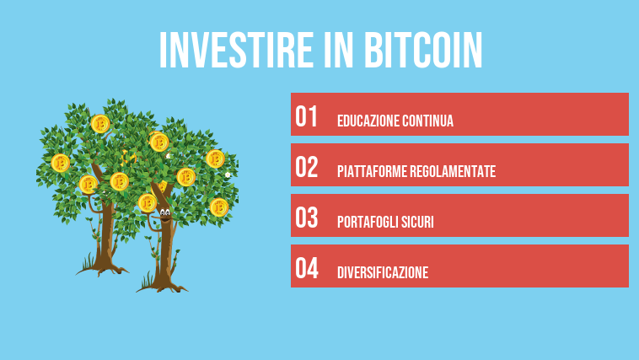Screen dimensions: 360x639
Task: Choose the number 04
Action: tap(307, 269)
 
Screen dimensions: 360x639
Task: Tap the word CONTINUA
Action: tap(428, 121)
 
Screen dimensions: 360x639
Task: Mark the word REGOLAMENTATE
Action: tap(454, 172)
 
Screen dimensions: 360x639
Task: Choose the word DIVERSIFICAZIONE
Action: tap(383, 273)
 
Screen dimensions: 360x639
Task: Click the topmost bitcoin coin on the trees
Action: tap(101, 123)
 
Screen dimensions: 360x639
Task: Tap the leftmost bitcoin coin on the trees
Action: tap(60, 163)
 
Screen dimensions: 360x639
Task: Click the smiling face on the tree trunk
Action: tap(164, 215)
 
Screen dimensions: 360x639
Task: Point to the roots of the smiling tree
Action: tap(163, 282)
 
